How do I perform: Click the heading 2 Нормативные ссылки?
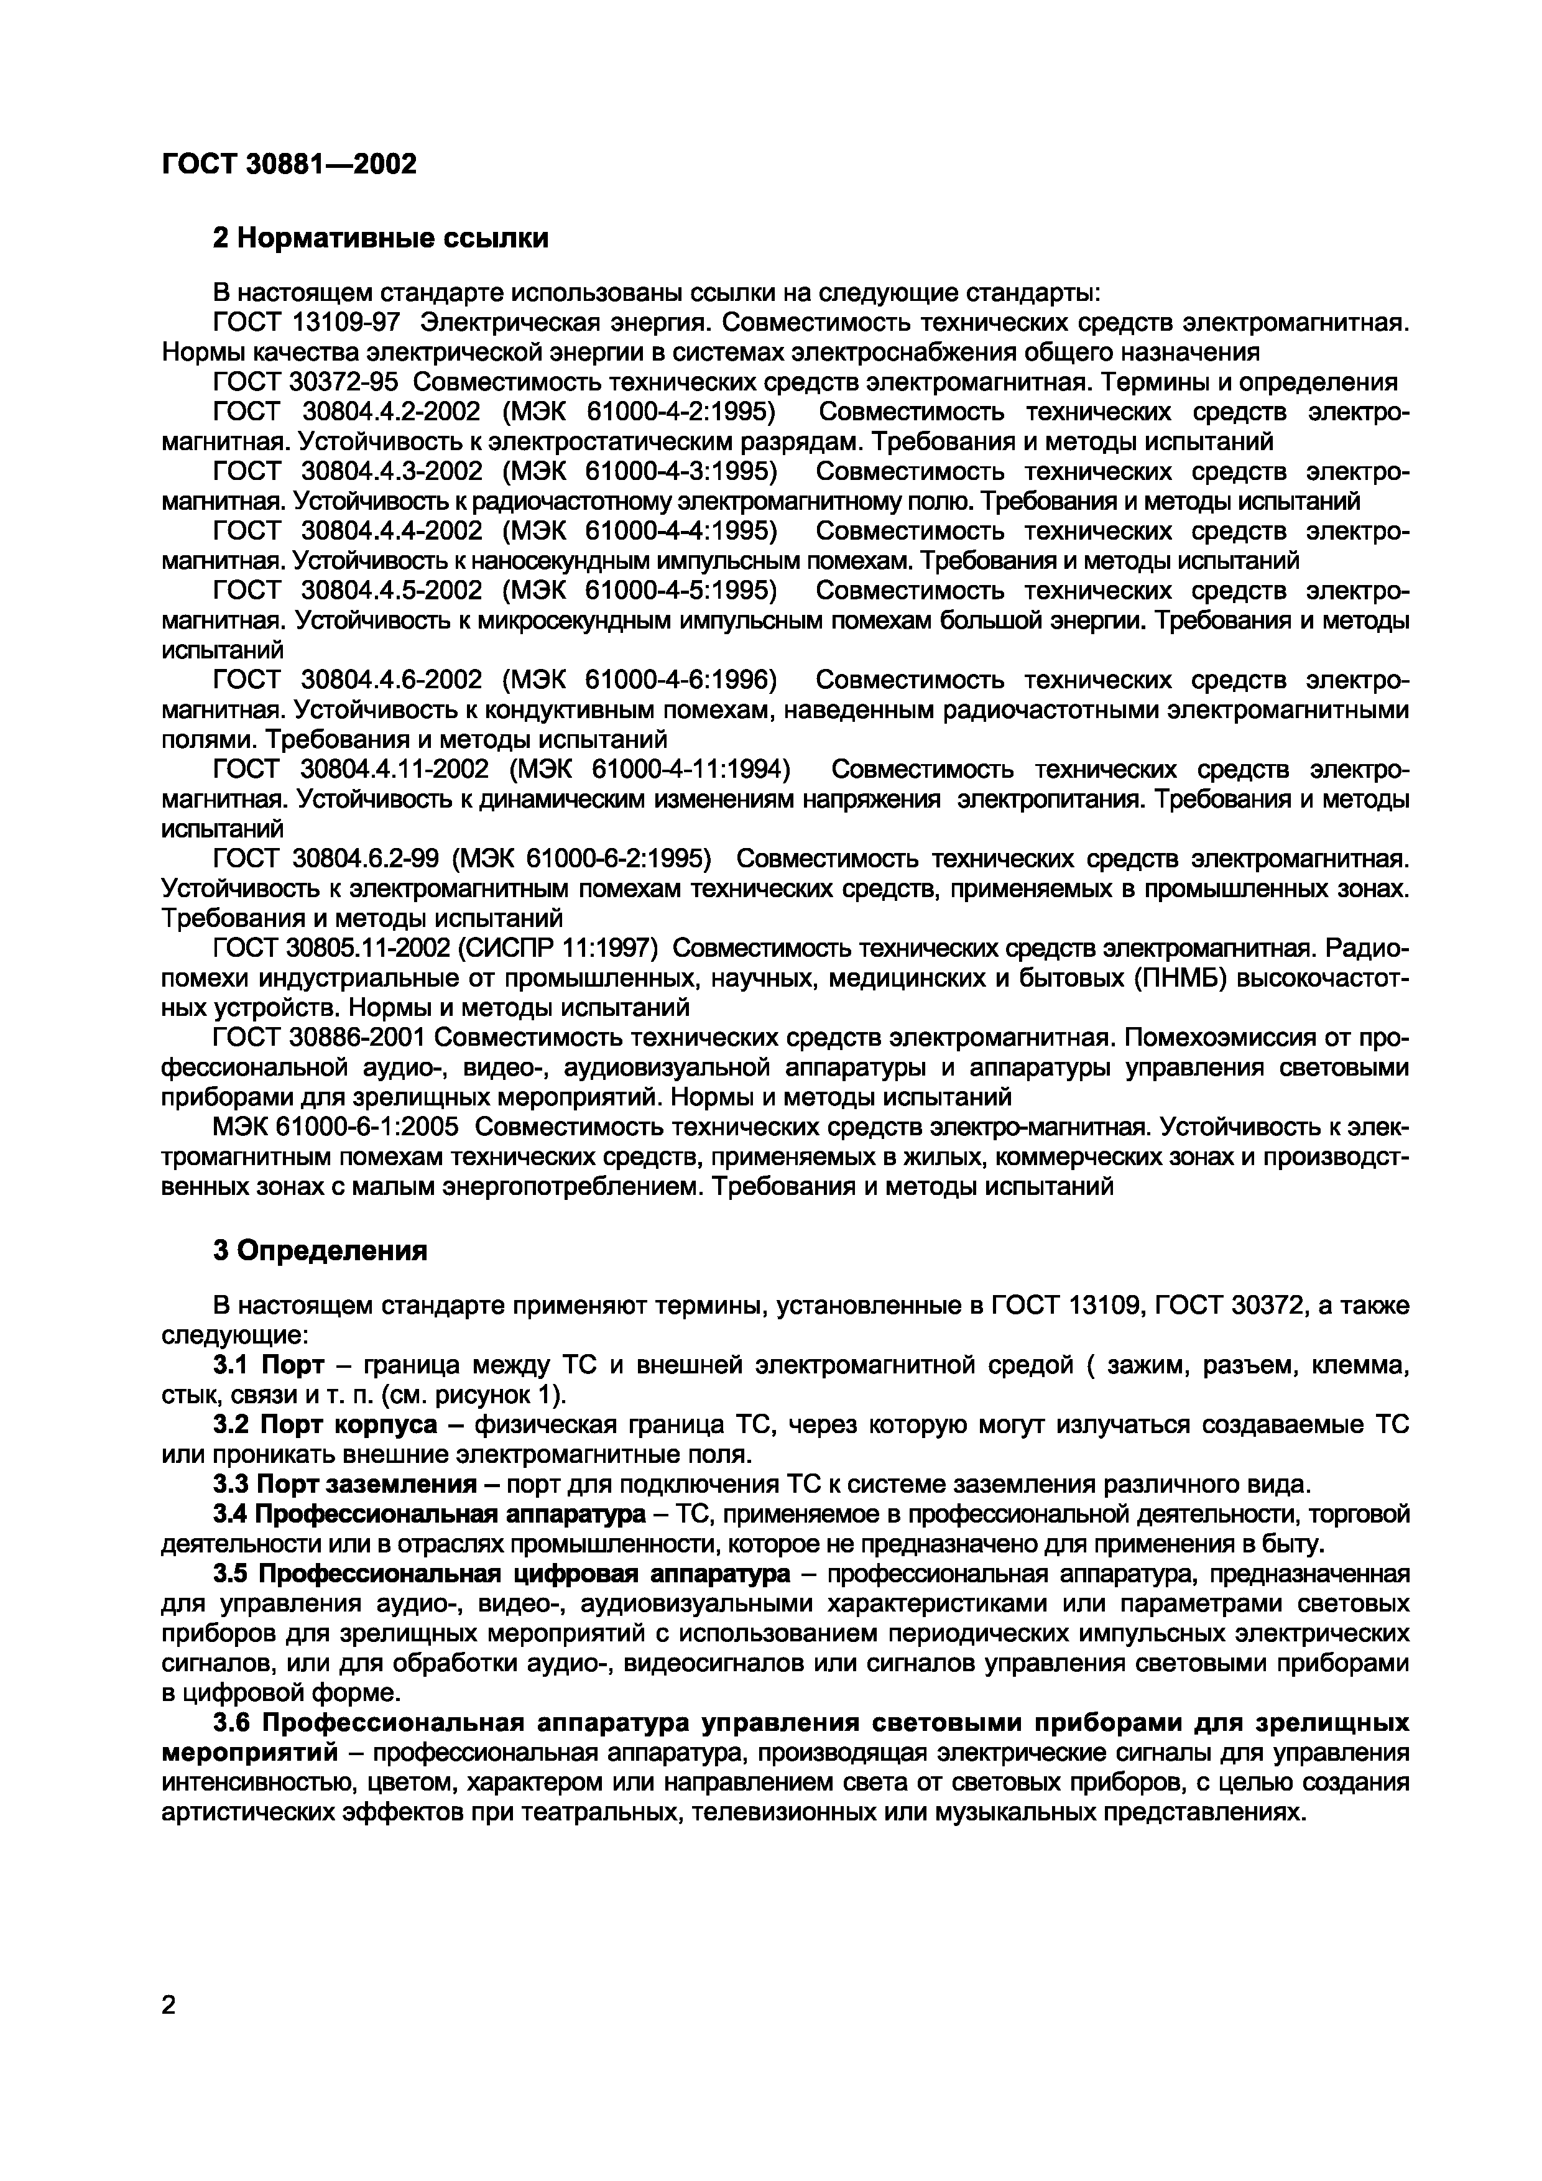pyautogui.click(x=380, y=237)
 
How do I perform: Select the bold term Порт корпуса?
pyautogui.click(x=349, y=1425)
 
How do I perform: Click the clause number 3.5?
pyautogui.click(x=231, y=1573)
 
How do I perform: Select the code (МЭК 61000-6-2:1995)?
pyautogui.click(x=581, y=859)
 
